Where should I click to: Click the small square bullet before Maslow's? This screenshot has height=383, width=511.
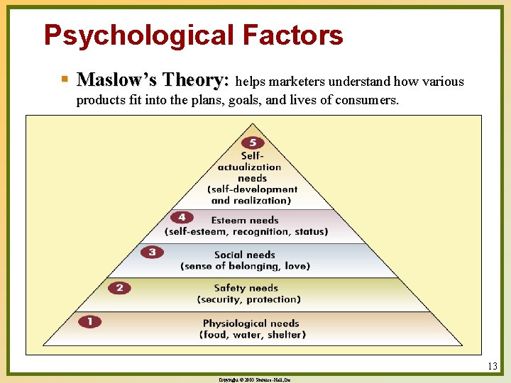click(x=65, y=78)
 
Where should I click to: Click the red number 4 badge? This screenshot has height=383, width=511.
click(x=182, y=217)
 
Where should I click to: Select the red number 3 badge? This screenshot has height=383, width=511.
click(x=151, y=252)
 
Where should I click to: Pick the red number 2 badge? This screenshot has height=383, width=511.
click(x=119, y=287)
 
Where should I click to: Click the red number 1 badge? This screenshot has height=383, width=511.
click(x=89, y=321)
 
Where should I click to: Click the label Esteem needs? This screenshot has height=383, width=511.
click(x=245, y=220)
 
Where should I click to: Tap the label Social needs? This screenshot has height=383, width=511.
click(x=245, y=255)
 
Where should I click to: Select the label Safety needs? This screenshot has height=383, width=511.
click(x=246, y=288)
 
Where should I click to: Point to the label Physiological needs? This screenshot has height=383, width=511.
click(x=251, y=323)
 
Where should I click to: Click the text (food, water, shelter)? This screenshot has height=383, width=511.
click(x=253, y=335)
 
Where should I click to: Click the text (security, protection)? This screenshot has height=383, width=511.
click(x=249, y=299)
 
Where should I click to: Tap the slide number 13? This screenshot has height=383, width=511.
click(x=493, y=367)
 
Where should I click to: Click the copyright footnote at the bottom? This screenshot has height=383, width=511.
click(x=255, y=380)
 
